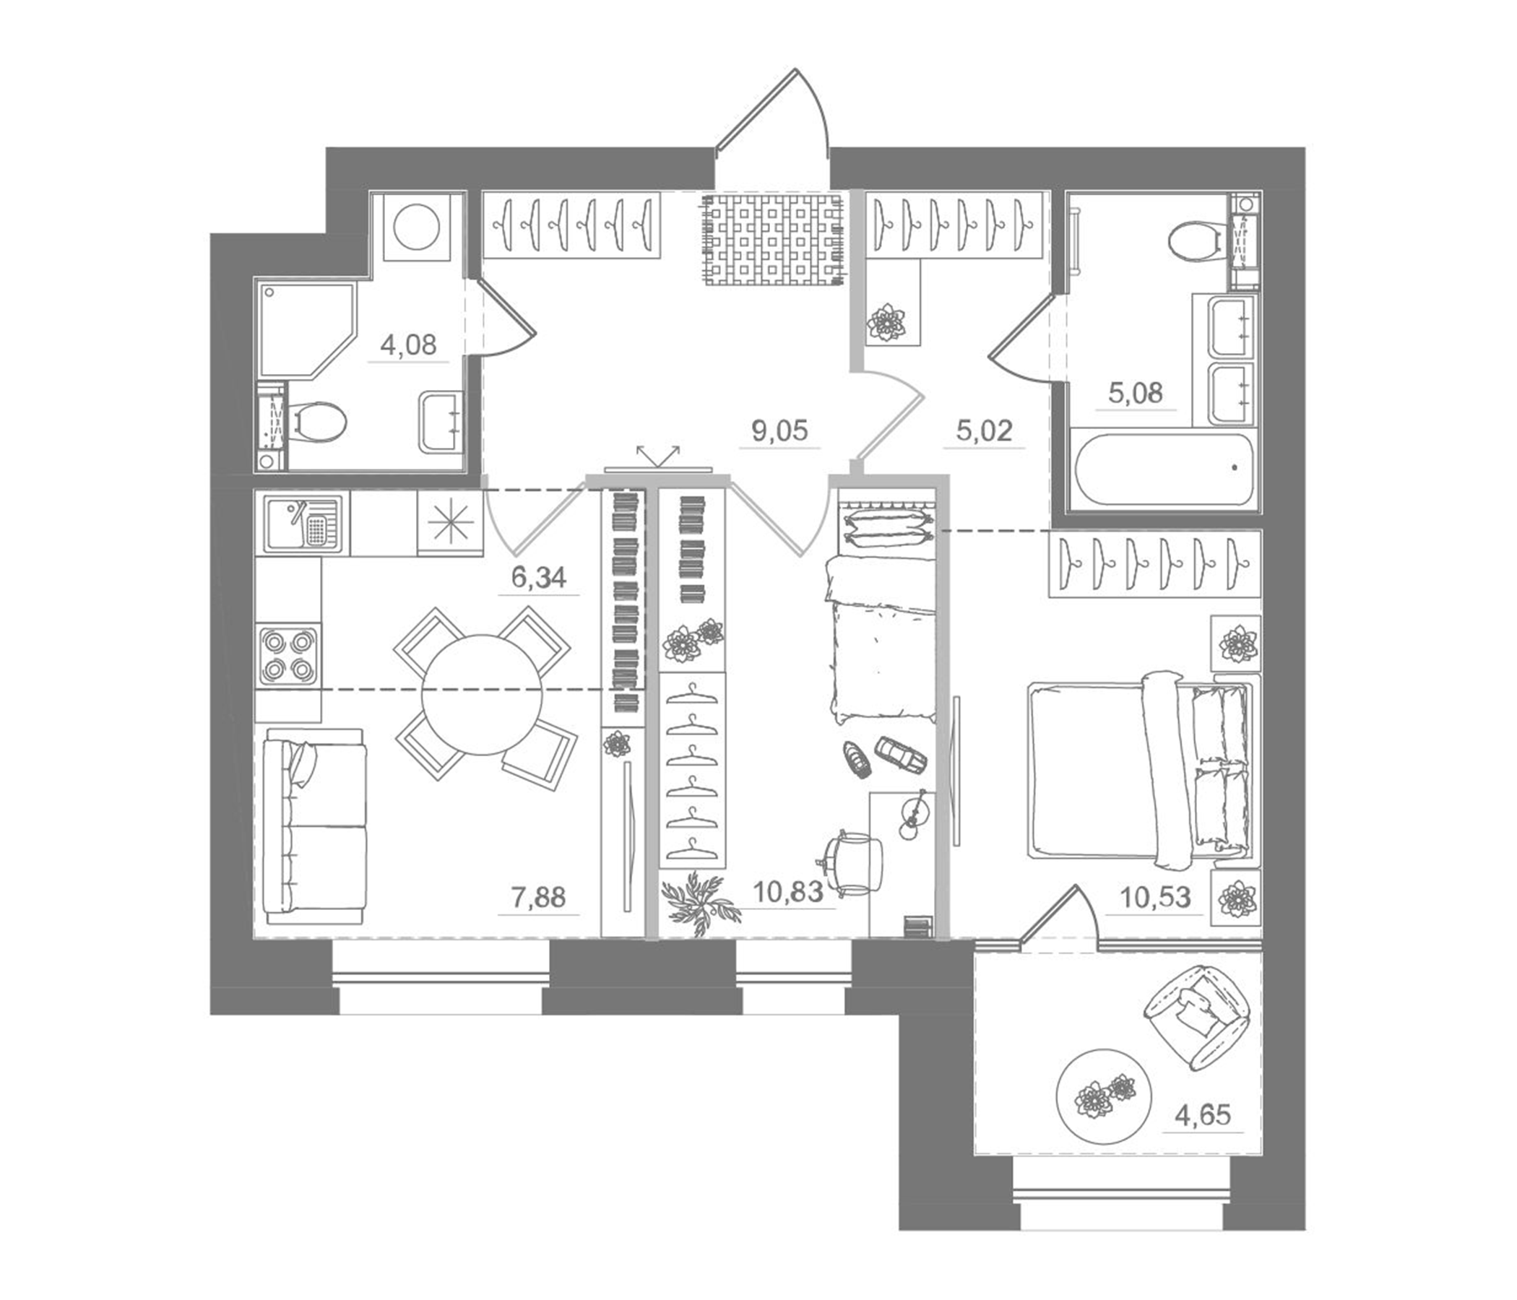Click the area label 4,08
[x=409, y=344]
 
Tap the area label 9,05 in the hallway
[x=779, y=431]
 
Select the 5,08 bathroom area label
[x=1135, y=394]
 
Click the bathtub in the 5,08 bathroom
[x=1162, y=470]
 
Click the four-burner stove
[x=287, y=655]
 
